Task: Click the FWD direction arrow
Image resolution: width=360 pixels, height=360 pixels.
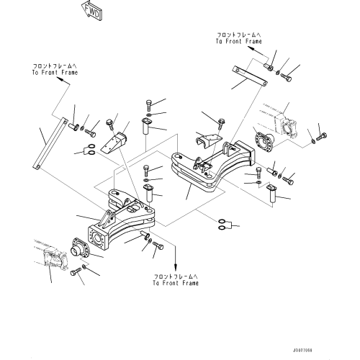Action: [91, 11]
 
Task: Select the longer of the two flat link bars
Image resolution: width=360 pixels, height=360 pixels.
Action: [49, 143]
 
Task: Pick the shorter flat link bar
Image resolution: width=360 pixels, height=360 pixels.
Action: [250, 76]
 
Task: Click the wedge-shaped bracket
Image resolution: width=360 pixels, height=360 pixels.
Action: [114, 143]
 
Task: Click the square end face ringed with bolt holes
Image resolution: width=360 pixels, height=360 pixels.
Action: [98, 238]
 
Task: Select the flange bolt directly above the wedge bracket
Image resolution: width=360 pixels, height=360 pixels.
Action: [109, 124]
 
